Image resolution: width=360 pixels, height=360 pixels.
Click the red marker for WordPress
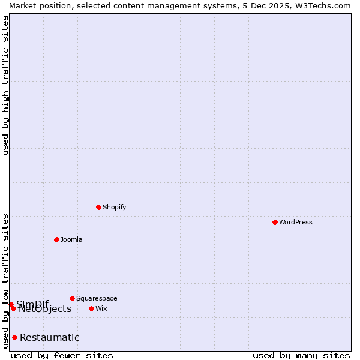point(275,222)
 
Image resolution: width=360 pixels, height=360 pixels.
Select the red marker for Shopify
point(98,207)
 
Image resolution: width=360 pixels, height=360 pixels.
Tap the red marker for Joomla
point(56,239)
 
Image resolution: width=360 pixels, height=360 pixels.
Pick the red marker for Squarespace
point(72,298)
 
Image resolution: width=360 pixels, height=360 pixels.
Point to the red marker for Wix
point(91,308)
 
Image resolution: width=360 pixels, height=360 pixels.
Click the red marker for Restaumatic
point(14,337)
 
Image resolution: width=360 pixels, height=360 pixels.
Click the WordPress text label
point(296,222)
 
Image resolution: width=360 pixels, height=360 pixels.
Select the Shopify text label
point(114,207)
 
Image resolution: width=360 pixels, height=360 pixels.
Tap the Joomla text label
point(71,239)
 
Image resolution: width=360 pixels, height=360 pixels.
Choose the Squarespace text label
point(97,298)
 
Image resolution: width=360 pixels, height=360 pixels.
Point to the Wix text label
point(101,308)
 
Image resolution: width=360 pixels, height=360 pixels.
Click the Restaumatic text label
point(49,337)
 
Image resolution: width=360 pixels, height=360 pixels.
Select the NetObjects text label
point(45,309)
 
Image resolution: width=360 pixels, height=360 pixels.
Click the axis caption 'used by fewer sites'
point(62,355)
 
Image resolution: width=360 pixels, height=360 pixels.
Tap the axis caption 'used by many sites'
point(301,355)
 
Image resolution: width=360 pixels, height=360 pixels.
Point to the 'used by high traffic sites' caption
point(5,85)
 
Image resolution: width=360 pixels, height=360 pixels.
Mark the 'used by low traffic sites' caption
point(5,281)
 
